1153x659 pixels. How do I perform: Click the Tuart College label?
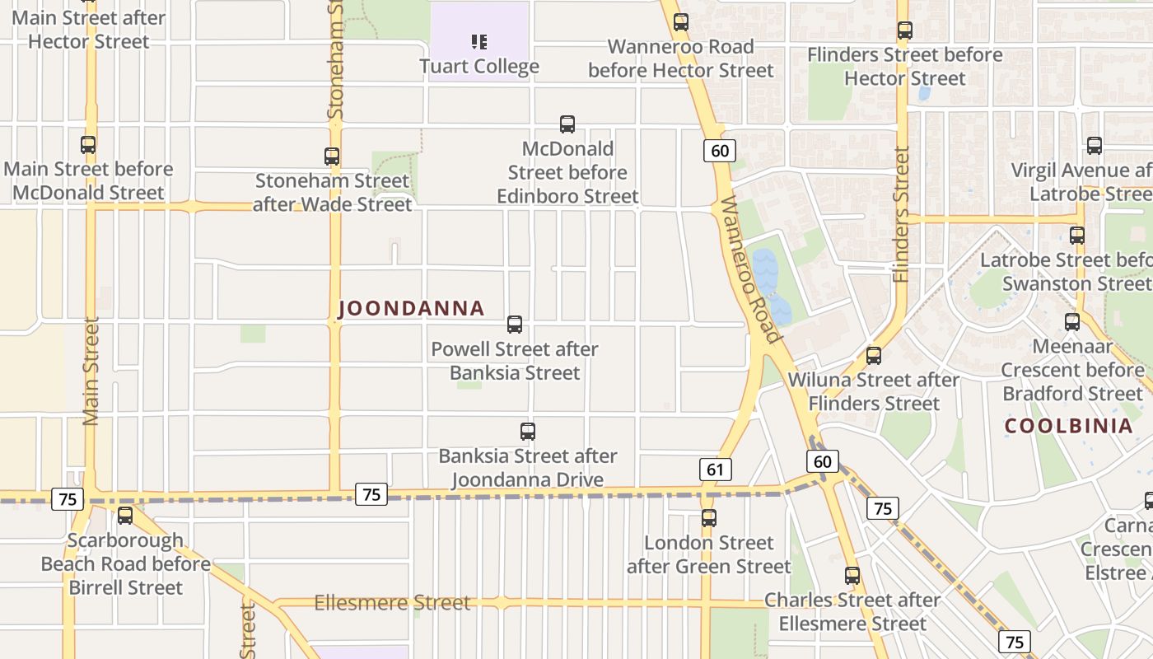479,67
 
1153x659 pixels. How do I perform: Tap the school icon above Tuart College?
479,41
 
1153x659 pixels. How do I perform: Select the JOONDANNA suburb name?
411,309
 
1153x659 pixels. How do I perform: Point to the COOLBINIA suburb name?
1069,426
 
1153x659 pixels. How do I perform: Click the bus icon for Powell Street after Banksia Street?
515,325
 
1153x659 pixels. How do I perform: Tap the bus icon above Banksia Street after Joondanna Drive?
528,432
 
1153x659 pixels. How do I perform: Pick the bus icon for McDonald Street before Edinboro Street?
567,124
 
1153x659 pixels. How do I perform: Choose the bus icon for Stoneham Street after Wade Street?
332,157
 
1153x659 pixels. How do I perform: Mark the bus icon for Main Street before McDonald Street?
88,145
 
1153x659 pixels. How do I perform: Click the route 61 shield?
715,470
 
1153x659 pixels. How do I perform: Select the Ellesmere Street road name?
392,603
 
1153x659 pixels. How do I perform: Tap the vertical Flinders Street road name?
902,214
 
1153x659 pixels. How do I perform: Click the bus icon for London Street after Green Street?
709,518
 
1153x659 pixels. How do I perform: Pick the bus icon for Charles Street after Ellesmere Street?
852,576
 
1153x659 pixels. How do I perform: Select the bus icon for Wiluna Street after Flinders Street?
874,356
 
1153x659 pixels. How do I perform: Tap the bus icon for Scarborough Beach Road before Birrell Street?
125,516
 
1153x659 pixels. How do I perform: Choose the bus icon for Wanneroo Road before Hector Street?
681,22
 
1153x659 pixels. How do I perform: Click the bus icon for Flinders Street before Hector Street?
905,30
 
